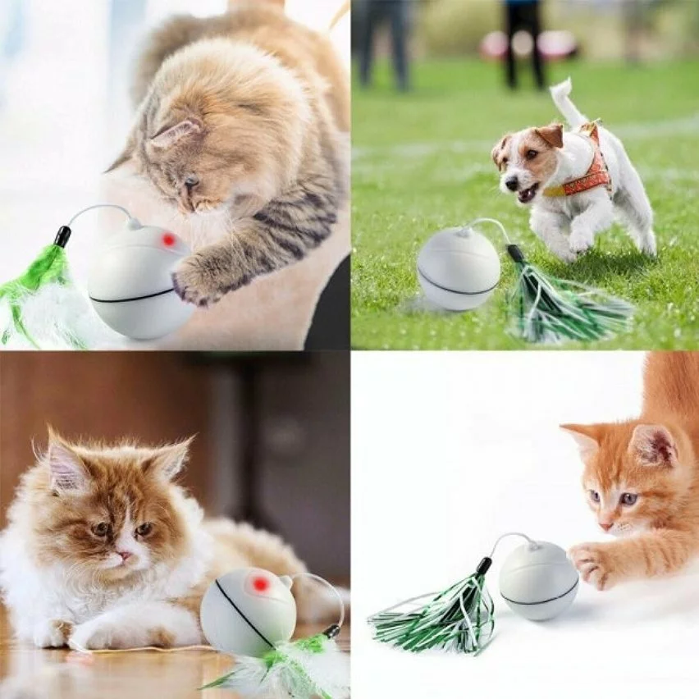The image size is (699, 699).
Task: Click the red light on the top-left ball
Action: (x=169, y=240)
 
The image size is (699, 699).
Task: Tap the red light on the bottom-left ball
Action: (x=261, y=584)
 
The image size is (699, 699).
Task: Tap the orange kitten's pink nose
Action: (x=605, y=525)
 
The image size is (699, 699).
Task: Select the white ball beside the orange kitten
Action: (x=538, y=580)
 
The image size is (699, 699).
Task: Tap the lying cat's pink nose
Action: (x=124, y=555)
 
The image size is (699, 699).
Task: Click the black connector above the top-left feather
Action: (x=62, y=236)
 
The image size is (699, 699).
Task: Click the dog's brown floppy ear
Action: (x=551, y=135)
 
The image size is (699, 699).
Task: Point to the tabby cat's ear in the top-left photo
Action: (x=175, y=133)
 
